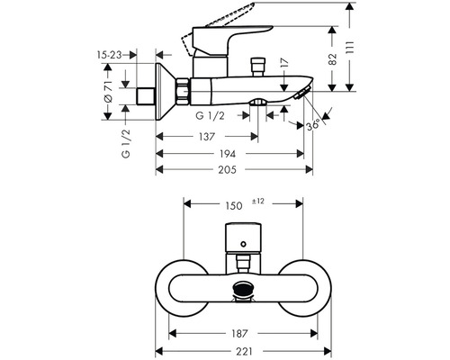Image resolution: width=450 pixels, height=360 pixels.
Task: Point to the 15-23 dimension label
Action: tap(110, 56)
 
